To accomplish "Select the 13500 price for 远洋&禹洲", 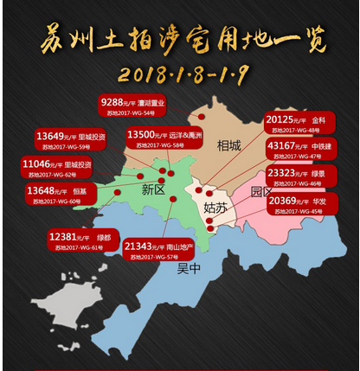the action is pyautogui.click(x=144, y=134).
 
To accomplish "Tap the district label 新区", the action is pyautogui.click(x=152, y=189).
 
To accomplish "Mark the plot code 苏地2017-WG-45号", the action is pyautogui.click(x=296, y=212).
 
